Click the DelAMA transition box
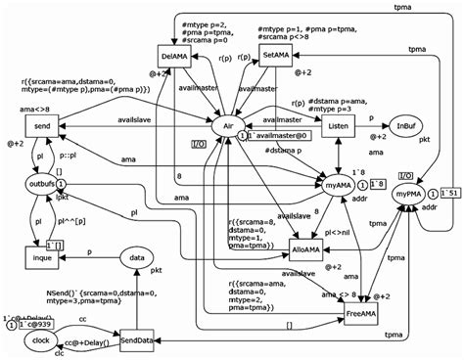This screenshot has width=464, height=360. point(175,58)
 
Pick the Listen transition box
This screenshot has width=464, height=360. point(339,126)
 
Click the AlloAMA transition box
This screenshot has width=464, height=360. point(305,249)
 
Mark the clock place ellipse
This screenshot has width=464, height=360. point(39,340)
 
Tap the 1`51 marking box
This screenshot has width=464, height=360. point(449,191)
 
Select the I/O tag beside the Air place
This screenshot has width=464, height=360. point(197,144)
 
